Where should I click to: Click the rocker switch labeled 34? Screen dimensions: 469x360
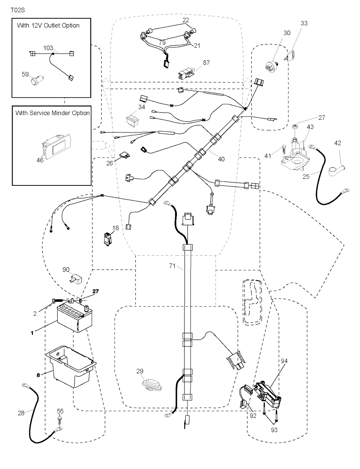pos(134,118)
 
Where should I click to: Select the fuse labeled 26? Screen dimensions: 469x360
pos(124,155)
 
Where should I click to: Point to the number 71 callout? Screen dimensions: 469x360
pos(172,266)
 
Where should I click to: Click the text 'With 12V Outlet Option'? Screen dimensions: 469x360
pos(48,25)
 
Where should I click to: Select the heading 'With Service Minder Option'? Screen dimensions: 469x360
pos(52,113)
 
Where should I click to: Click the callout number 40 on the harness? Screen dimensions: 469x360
pos(221,159)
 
